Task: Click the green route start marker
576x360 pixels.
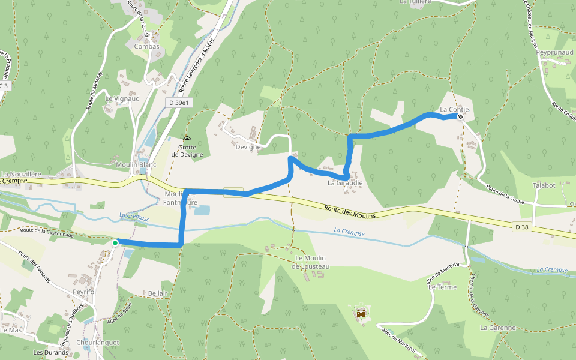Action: [x=115, y=242]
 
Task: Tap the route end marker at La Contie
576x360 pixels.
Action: [x=460, y=116]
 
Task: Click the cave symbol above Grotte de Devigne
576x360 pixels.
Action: [x=187, y=139]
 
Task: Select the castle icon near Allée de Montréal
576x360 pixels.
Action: [x=361, y=313]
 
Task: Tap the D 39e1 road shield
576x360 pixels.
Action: [x=179, y=103]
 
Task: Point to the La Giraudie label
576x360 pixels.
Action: [x=345, y=183]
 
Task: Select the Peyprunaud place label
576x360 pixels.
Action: [x=555, y=53]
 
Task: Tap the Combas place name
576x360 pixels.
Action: [x=146, y=46]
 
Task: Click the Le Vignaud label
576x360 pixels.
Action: [x=122, y=98]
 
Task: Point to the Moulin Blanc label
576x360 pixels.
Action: [x=137, y=164]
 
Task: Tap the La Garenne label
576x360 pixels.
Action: [x=498, y=328]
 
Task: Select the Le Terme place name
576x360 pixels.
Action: [x=442, y=287]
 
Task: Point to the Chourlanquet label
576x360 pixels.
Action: [x=98, y=343]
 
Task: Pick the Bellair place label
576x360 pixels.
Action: [x=157, y=294]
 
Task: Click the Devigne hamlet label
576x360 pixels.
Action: [x=248, y=147]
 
